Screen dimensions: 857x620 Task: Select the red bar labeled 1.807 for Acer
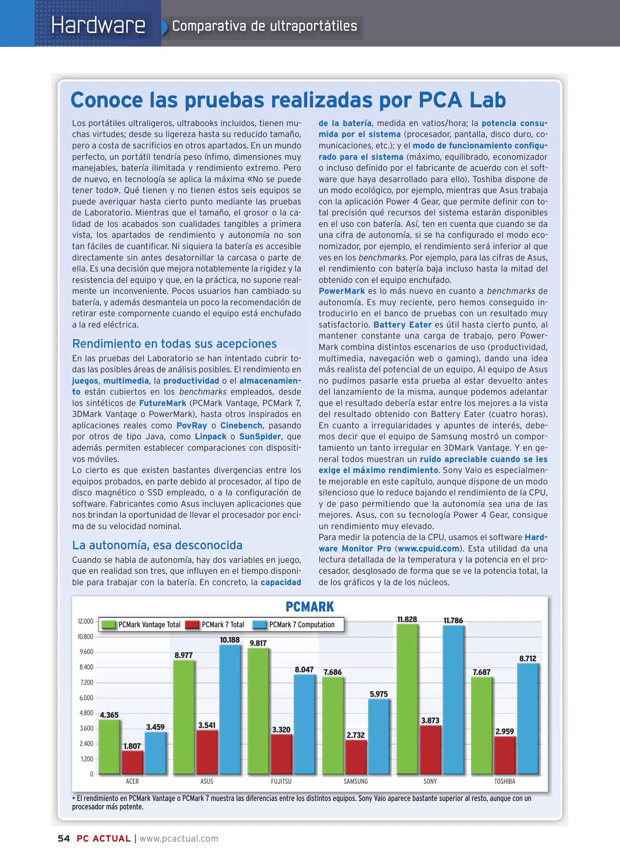pos(132,762)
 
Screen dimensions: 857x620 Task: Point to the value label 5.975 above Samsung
pos(378,694)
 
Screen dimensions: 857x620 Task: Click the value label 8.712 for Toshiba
pos(528,658)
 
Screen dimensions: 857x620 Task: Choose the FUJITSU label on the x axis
pos(281,781)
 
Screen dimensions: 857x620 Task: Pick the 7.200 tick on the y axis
pos(86,682)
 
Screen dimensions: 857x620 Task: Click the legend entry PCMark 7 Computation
pos(301,624)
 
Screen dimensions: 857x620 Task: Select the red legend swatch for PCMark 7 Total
pos(192,624)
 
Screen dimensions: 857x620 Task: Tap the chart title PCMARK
pos(310,607)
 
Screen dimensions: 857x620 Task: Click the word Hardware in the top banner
pos(98,25)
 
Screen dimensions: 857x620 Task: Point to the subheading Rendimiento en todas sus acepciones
pos(174,344)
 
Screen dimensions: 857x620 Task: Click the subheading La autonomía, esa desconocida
pos(157,545)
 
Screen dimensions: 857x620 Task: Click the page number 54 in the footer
pos(64,838)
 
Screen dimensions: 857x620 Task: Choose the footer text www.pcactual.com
pos(179,838)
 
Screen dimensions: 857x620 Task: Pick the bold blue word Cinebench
pos(241,425)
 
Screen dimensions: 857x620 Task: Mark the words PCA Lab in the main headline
pos(462,100)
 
